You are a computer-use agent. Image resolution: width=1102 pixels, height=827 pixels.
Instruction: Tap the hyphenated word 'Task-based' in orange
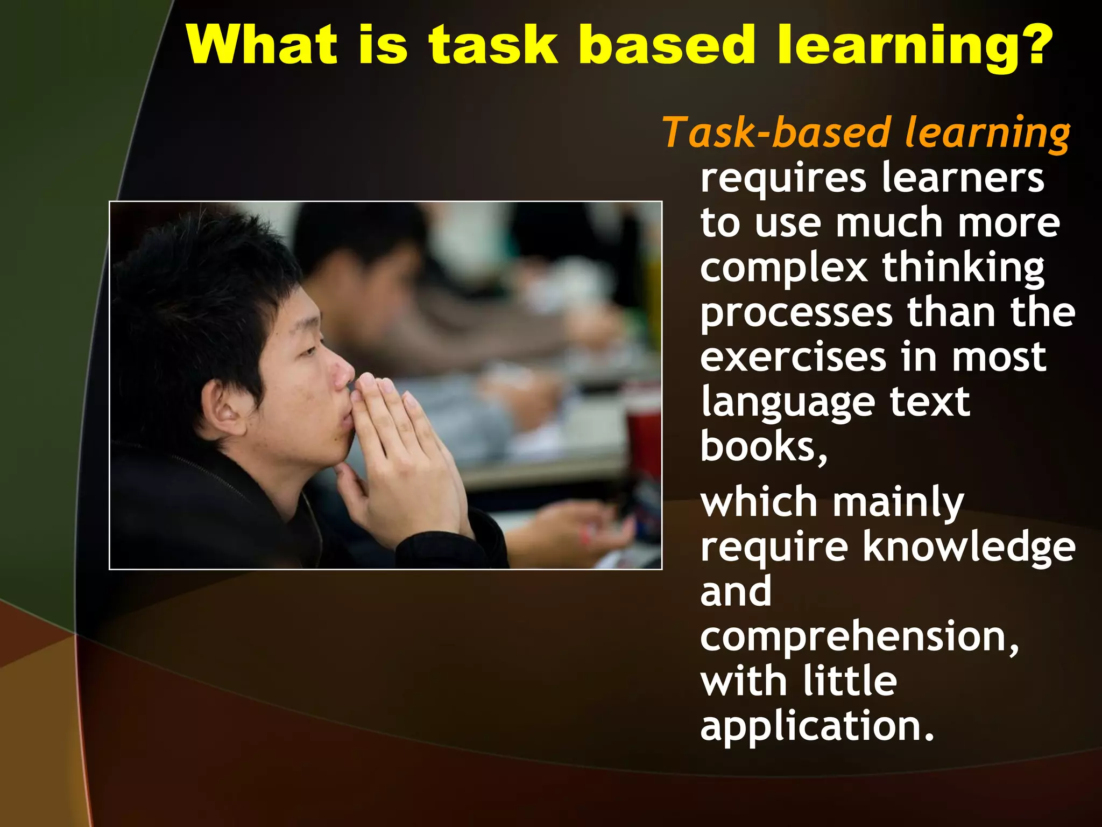(x=777, y=133)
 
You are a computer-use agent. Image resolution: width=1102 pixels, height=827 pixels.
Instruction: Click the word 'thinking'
(x=963, y=268)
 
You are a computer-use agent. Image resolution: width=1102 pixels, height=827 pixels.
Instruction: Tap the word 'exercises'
(x=793, y=358)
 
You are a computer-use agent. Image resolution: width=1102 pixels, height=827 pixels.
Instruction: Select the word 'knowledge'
(x=969, y=547)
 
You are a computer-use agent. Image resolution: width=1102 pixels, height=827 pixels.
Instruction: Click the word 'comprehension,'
(x=859, y=637)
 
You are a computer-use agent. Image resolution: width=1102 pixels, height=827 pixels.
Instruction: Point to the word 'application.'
(x=817, y=727)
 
